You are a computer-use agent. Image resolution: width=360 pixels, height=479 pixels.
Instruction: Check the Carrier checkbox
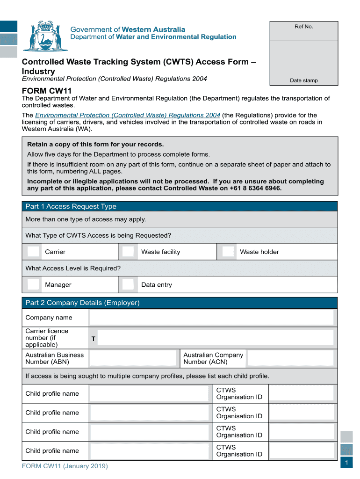tap(33, 252)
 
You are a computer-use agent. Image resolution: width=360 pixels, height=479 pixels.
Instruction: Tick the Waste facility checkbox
tap(128, 252)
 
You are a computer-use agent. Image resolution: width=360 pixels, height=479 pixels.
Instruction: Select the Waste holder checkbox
tap(228, 252)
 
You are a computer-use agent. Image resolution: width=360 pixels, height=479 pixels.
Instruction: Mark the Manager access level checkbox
tap(33, 284)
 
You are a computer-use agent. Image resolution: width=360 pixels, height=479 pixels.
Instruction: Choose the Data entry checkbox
tap(128, 284)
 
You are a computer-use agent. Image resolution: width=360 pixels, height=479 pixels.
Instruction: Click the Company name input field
tap(212, 318)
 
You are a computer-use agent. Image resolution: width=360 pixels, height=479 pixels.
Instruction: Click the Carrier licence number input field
tap(216, 338)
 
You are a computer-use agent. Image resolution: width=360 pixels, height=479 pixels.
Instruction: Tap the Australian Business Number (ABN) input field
tap(133, 358)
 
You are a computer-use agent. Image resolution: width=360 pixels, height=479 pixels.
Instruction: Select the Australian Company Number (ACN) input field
tap(290, 358)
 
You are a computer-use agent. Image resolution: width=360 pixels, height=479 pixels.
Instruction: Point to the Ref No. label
tap(303, 27)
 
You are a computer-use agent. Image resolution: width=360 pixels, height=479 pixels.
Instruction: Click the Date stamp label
tap(303, 80)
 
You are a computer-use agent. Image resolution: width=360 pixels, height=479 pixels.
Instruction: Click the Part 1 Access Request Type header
tap(71, 206)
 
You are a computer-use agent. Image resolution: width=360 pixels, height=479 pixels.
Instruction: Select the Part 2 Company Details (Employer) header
tap(82, 303)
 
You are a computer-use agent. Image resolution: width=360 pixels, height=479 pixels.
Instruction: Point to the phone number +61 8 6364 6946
tap(256, 188)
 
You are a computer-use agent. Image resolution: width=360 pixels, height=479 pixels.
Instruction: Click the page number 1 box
tap(346, 463)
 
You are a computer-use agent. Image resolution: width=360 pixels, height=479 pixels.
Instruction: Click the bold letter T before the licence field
tap(94, 338)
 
